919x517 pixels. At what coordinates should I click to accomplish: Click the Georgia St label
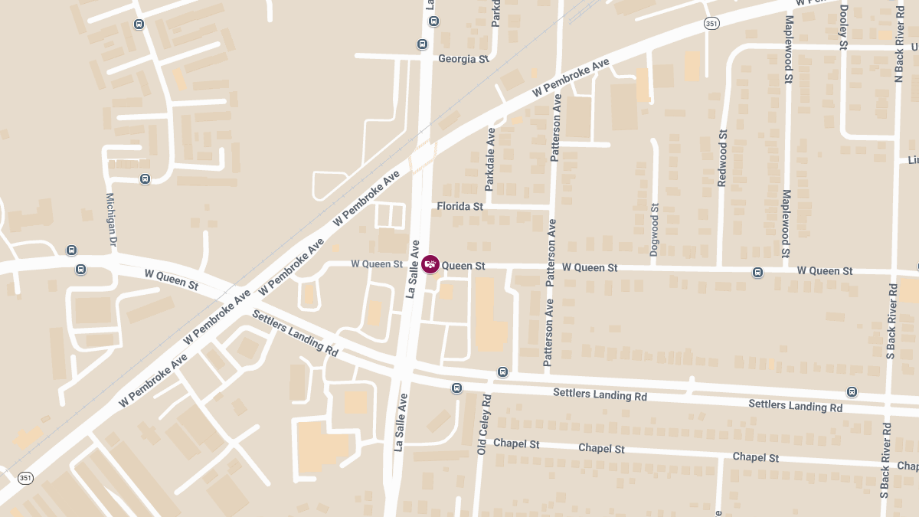pyautogui.click(x=463, y=59)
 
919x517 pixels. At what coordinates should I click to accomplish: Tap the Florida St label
pyautogui.click(x=459, y=207)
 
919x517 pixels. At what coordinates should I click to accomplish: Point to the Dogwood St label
pyautogui.click(x=654, y=229)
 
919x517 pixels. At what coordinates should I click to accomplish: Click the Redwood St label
pyautogui.click(x=722, y=159)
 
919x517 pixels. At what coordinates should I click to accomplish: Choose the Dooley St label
pyautogui.click(x=843, y=28)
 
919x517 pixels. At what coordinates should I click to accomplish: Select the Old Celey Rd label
pyautogui.click(x=482, y=425)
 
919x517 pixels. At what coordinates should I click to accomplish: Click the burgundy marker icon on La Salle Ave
pyautogui.click(x=430, y=264)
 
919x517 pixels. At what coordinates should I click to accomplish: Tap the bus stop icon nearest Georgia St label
pyautogui.click(x=422, y=44)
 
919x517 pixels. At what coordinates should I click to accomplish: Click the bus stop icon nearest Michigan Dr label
pyautogui.click(x=145, y=179)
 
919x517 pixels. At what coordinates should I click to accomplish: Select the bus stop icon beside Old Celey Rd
pyautogui.click(x=502, y=372)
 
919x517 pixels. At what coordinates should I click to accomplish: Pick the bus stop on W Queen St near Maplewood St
pyautogui.click(x=757, y=272)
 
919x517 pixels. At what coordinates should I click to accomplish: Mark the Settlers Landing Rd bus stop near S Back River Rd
pyautogui.click(x=852, y=392)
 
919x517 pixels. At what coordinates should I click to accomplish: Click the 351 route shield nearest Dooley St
pyautogui.click(x=711, y=25)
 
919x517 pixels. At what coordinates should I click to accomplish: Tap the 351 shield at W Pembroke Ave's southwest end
pyautogui.click(x=26, y=478)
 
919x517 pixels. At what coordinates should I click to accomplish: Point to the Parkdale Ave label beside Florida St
pyautogui.click(x=490, y=159)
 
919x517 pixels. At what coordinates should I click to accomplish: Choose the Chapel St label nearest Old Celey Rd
pyautogui.click(x=516, y=444)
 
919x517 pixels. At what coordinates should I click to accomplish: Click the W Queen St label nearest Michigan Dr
pyautogui.click(x=172, y=279)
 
